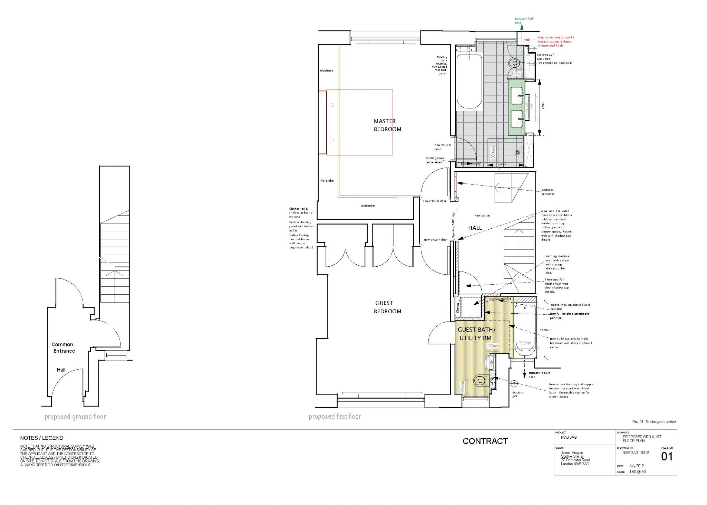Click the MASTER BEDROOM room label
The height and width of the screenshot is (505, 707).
click(387, 125)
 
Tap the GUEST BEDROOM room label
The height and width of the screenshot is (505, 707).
click(387, 307)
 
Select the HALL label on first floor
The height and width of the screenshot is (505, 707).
click(475, 228)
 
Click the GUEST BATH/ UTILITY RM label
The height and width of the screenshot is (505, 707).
click(476, 334)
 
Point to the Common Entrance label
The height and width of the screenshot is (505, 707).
click(64, 347)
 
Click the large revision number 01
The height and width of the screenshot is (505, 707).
click(667, 457)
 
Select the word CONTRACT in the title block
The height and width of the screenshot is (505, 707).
click(485, 441)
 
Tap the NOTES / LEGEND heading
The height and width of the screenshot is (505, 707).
click(42, 438)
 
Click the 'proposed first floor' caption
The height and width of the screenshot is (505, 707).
click(335, 417)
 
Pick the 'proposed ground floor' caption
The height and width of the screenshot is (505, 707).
click(75, 417)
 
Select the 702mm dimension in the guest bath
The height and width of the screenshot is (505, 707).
click(525, 343)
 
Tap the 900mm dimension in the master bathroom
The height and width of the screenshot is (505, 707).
click(493, 152)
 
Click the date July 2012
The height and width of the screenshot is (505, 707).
click(637, 466)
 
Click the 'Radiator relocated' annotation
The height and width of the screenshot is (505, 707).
click(548, 192)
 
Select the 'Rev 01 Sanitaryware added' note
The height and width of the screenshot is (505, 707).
click(654, 422)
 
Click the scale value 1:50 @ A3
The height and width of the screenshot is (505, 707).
click(638, 471)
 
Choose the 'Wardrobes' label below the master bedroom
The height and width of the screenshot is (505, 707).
click(368, 206)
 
